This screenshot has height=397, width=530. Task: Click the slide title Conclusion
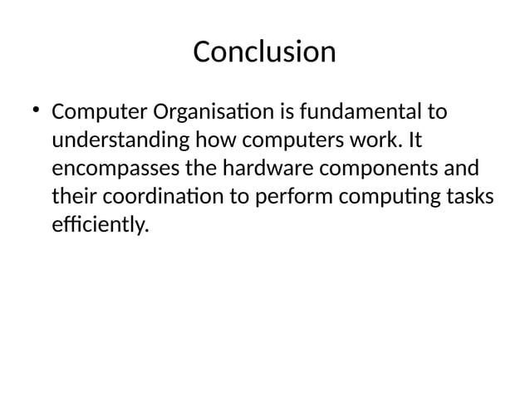click(x=264, y=52)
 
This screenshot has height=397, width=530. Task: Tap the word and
click(x=461, y=169)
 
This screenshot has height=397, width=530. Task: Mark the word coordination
click(x=177, y=198)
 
